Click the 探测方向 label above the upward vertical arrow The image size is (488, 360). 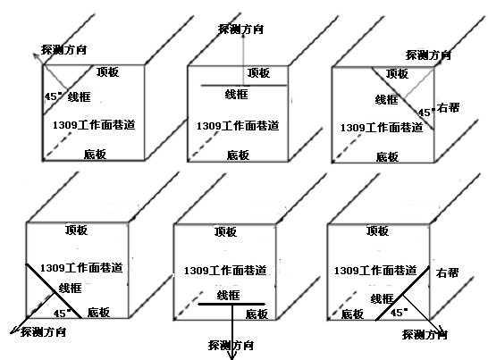(241, 29)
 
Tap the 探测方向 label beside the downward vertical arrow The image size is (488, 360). (231, 345)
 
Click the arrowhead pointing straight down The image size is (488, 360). (231, 355)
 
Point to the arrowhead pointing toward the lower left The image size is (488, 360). (14, 330)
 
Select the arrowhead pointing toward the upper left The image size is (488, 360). (36, 56)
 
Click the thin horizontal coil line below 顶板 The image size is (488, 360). (244, 85)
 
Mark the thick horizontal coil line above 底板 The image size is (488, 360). (231, 304)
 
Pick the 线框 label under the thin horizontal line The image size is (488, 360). (237, 94)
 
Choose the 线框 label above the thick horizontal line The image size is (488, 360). (228, 295)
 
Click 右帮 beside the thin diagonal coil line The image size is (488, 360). (448, 108)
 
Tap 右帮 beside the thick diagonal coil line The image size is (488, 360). (447, 272)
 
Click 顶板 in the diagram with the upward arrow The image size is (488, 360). (258, 73)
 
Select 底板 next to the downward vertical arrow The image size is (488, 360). (257, 314)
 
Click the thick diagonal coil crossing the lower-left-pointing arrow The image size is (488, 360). (54, 291)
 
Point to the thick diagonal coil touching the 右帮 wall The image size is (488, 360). (402, 293)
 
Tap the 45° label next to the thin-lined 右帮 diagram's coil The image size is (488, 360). (426, 112)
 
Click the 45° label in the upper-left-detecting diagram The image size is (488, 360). (53, 96)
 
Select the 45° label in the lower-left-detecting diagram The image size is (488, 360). (62, 313)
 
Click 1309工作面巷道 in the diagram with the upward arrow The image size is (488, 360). (238, 126)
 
